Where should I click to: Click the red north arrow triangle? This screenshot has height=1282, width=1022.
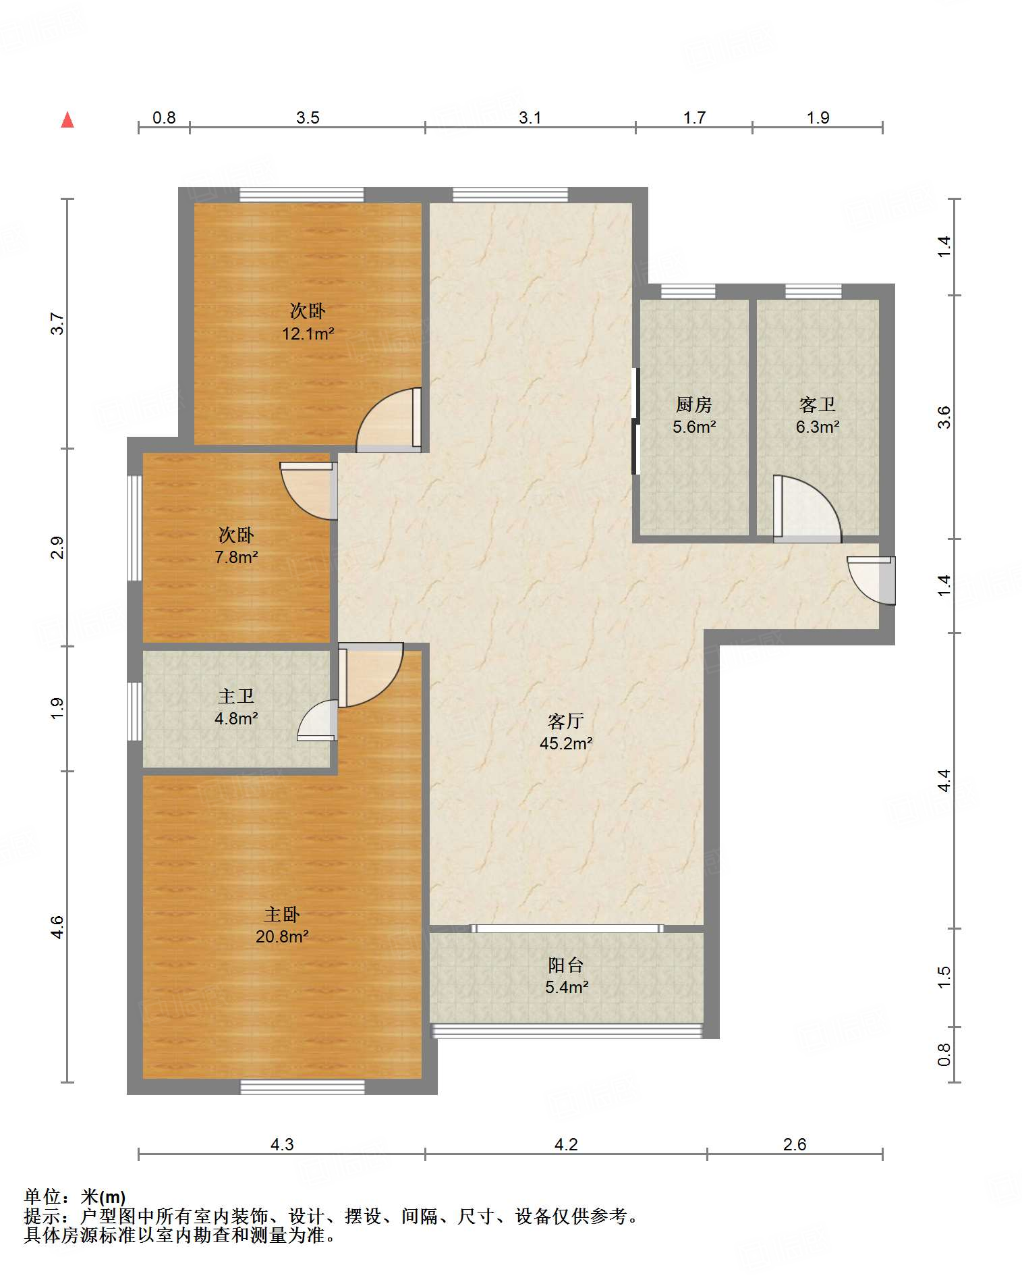coord(67,119)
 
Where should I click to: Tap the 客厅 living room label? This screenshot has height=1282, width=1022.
coord(565,722)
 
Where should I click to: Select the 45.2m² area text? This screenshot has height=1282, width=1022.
coord(566,743)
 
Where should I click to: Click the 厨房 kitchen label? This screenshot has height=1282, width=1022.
coord(694,404)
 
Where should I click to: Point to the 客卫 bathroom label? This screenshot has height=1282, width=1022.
coord(818,404)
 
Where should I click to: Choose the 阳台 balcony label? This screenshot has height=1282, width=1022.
coord(566,965)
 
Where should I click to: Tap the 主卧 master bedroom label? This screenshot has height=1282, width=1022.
coord(281,915)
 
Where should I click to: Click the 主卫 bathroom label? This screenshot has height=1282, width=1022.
coord(236,696)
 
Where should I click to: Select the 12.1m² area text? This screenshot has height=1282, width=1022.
coord(308,333)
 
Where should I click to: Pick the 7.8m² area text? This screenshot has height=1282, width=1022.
coord(236,558)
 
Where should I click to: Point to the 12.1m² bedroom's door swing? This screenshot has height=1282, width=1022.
coord(389,419)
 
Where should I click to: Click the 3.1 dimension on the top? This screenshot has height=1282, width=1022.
coord(530,118)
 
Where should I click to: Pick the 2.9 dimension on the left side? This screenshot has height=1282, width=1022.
coord(58,547)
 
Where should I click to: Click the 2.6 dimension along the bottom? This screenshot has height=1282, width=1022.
coord(795,1144)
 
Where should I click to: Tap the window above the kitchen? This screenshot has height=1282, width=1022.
coord(688,292)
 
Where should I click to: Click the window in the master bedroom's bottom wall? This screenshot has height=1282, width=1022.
coord(303,1087)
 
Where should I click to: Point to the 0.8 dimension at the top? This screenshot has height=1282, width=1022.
coord(164,118)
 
